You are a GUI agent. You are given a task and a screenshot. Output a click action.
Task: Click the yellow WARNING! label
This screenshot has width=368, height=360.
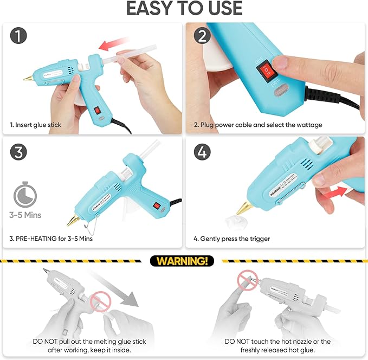point(182,261)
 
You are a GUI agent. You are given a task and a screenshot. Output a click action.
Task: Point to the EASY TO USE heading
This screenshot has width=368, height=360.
point(184,9)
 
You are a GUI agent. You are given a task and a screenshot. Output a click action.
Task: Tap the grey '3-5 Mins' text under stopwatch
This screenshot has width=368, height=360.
point(25,215)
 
